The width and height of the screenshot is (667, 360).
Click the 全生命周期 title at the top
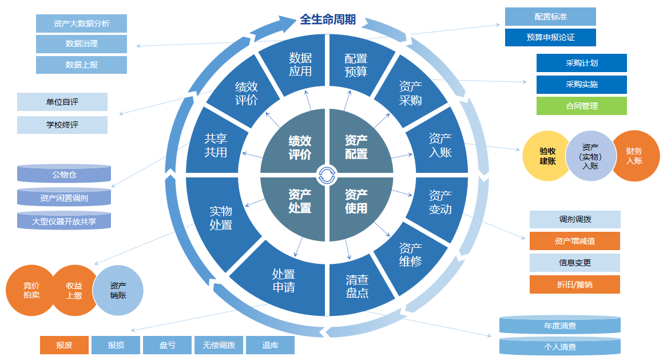coord(328,20)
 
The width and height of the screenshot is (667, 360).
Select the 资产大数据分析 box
coord(81,23)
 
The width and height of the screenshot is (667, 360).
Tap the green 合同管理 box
coord(581,106)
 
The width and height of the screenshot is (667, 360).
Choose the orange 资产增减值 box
coord(574,241)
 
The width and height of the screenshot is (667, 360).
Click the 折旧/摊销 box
coord(574,284)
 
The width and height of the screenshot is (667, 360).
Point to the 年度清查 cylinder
coord(559,326)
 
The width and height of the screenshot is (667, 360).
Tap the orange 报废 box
coord(64,345)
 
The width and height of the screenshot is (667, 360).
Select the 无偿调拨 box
coord(219,345)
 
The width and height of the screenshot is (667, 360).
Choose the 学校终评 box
coord(62,125)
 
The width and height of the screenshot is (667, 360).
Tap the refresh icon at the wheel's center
coord(327,175)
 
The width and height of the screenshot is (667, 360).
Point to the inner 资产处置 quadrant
coord(299,201)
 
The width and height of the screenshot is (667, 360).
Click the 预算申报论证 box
coord(550,38)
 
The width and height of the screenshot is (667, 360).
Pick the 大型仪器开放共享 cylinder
coord(64,220)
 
